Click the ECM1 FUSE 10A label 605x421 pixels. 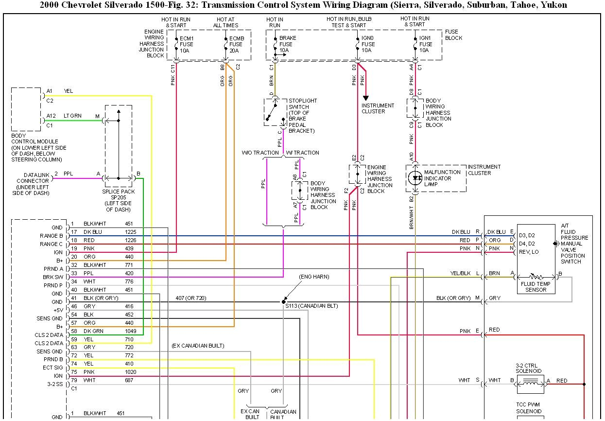click(187, 44)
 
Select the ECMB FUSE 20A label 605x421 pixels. click(236, 44)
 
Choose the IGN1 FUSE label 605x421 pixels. click(426, 44)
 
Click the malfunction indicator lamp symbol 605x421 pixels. click(415, 178)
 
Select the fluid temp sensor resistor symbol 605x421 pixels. click(536, 277)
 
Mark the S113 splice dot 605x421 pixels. click(283, 301)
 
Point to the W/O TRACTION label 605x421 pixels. click(260, 153)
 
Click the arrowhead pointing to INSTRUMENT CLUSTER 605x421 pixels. click(365, 98)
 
